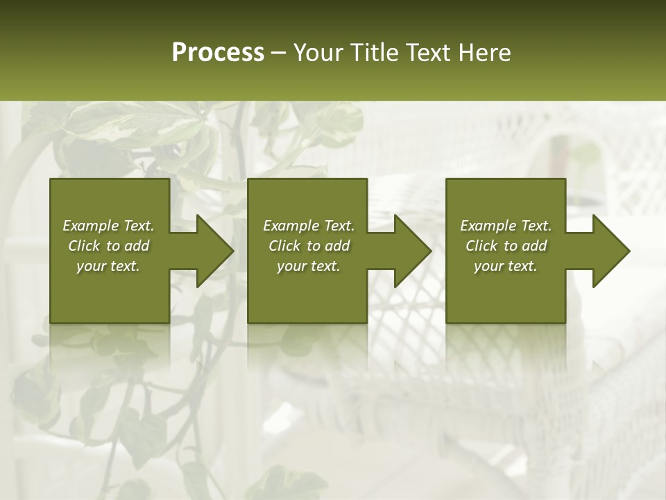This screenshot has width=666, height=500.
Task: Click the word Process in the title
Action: click(218, 53)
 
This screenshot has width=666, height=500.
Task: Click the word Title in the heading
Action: click(375, 53)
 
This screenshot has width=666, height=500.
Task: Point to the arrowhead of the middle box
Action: click(411, 251)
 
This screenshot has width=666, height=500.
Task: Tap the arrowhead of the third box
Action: click(610, 251)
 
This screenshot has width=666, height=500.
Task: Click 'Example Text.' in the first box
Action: click(108, 226)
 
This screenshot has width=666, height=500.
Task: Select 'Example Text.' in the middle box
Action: click(308, 226)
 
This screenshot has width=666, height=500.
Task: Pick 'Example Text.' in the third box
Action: click(506, 226)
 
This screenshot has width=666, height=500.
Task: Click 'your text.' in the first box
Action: click(108, 266)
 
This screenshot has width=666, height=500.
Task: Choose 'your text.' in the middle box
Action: click(308, 266)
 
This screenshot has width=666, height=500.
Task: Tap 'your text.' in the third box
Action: click(506, 266)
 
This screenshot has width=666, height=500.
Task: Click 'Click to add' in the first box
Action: click(108, 246)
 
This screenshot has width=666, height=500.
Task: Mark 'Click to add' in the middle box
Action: click(308, 246)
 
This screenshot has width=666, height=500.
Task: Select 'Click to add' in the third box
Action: click(506, 246)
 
